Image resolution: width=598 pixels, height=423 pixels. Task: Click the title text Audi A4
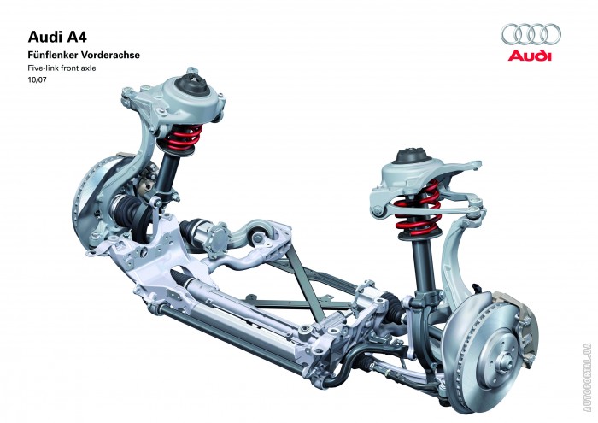[x=57, y=38]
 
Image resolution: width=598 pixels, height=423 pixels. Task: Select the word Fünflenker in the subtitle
[x=52, y=55]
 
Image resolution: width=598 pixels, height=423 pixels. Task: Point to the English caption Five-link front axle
[x=62, y=68]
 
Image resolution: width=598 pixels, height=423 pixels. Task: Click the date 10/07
[x=37, y=80]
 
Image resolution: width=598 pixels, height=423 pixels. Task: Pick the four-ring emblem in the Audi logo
[x=531, y=34]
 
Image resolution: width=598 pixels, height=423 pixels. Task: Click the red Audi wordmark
[x=530, y=56]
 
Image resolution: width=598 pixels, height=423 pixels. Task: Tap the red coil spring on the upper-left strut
[x=180, y=138]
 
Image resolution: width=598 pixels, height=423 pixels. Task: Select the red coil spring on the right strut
[x=418, y=209]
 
